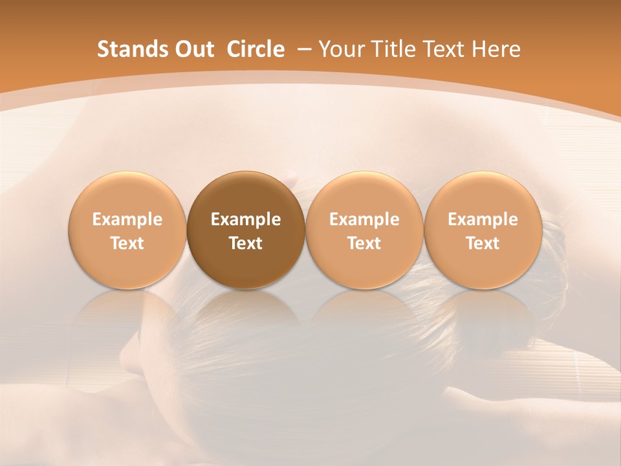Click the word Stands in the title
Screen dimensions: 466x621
coord(133,49)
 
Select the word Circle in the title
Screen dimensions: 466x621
coord(256,49)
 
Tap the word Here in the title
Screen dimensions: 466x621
coord(495,49)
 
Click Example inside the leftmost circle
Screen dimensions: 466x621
coord(127,219)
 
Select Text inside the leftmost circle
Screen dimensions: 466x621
coord(127,243)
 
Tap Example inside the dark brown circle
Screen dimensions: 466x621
coord(246,219)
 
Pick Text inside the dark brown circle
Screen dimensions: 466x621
coord(246,243)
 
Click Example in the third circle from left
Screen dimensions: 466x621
coord(364,219)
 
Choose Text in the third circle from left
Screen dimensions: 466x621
coord(364,243)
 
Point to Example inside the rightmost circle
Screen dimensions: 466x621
coord(483,219)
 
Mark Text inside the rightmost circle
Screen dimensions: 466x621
coord(483,243)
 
